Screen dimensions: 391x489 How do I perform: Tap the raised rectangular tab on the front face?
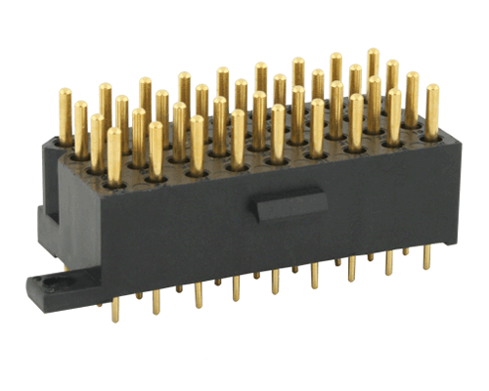pyautogui.click(x=281, y=206)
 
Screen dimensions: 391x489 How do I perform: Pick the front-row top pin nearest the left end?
pyautogui.click(x=115, y=154)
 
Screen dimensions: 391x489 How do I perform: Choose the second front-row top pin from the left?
pyautogui.click(x=156, y=149)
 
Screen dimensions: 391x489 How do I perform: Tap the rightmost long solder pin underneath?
pyautogui.click(x=426, y=256)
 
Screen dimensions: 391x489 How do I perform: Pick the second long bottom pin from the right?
pyautogui.click(x=389, y=262)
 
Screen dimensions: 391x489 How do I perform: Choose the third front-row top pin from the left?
pyautogui.click(x=197, y=142)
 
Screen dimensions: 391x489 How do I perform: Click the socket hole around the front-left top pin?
pyautogui.click(x=115, y=180)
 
